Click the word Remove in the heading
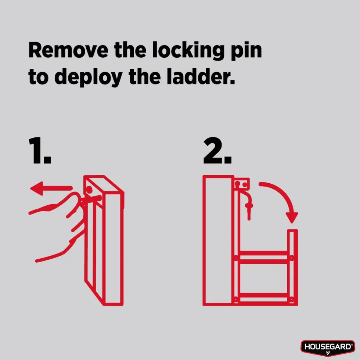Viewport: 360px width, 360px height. [x=68, y=50]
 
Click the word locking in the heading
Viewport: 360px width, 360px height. [x=188, y=51]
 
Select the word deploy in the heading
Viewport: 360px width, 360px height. [x=89, y=77]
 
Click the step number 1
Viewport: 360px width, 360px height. [x=40, y=150]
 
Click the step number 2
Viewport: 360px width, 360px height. [x=217, y=150]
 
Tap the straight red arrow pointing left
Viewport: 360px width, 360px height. [x=51, y=188]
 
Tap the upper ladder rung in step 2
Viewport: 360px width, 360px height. [x=264, y=258]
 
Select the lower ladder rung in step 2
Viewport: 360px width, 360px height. [x=264, y=298]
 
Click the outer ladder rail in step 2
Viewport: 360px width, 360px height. [x=292, y=267]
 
